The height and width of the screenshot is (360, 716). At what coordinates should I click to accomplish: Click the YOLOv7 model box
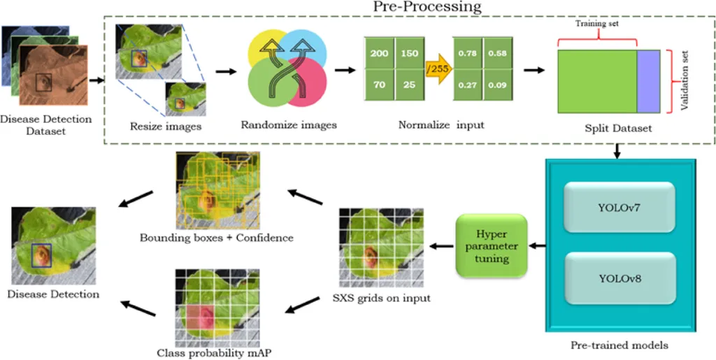click(619, 208)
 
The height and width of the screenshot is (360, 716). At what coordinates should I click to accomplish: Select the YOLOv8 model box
click(619, 279)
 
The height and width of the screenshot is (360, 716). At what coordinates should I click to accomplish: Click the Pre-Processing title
click(427, 7)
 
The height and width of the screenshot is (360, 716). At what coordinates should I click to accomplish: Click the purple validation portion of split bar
click(648, 80)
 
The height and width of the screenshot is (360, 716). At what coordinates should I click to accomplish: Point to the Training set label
click(596, 24)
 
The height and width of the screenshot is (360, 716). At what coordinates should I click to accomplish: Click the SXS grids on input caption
click(381, 298)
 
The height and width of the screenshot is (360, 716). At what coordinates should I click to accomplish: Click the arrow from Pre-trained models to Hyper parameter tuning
click(538, 245)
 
